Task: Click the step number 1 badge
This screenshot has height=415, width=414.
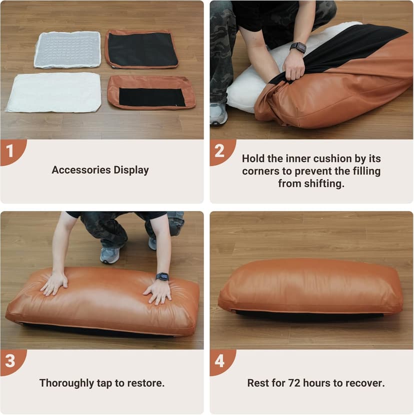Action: click(10, 151)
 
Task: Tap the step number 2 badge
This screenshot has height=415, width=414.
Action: click(219, 151)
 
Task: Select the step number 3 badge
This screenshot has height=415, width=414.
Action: click(10, 361)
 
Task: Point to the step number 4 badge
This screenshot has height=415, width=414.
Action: click(219, 361)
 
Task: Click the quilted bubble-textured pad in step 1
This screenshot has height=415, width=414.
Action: click(67, 49)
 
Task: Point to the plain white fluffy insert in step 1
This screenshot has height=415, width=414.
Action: click(54, 92)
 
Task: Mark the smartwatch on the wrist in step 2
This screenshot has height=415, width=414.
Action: click(298, 47)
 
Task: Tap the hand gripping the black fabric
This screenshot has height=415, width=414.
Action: click(293, 67)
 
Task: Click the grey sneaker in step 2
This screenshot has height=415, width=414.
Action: click(218, 114)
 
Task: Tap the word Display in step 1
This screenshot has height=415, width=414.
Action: click(131, 170)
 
